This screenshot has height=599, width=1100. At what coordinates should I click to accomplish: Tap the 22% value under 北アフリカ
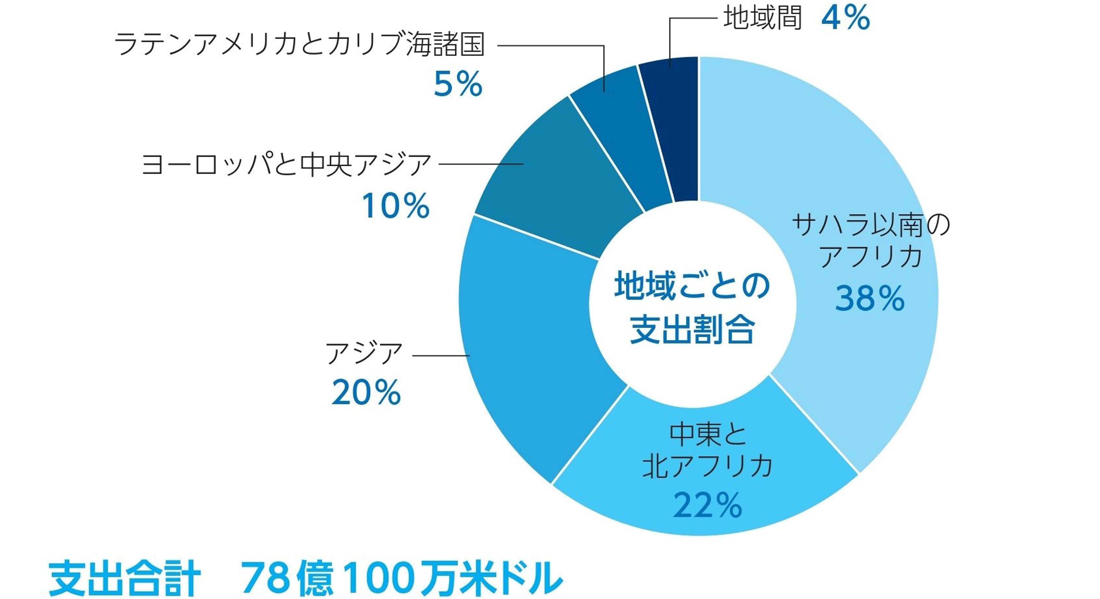(x=708, y=505)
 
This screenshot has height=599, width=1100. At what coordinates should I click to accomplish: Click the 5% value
(x=458, y=84)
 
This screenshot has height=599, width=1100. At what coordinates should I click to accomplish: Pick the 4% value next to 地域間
(x=845, y=18)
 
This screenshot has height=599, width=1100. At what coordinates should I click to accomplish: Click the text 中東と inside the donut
(x=708, y=434)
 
